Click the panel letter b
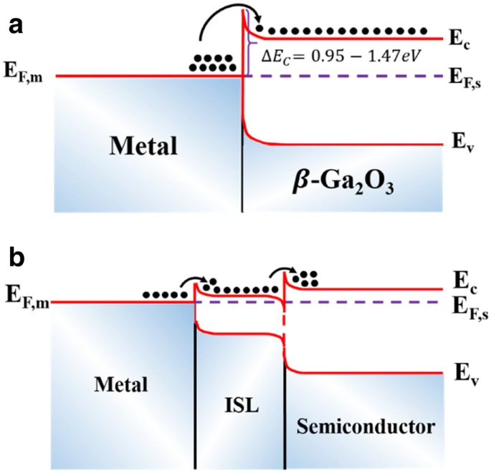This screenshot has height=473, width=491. coord(16,255)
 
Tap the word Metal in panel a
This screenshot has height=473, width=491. coord(143,147)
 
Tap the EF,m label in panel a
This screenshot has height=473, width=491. coord(25,71)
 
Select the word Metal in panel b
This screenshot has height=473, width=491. coord(120,384)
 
